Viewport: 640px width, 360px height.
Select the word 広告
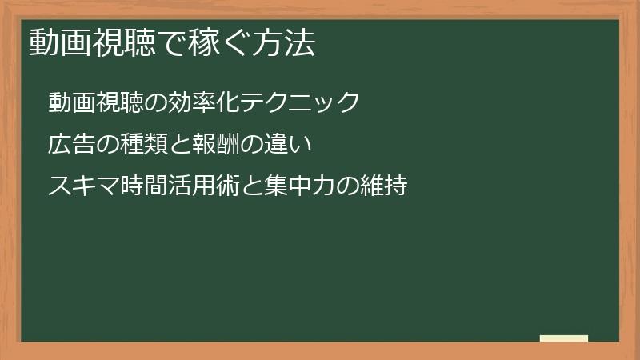coord(71,145)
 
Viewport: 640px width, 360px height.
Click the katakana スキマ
coord(82,186)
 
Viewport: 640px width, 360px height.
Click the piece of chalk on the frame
coord(564,338)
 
